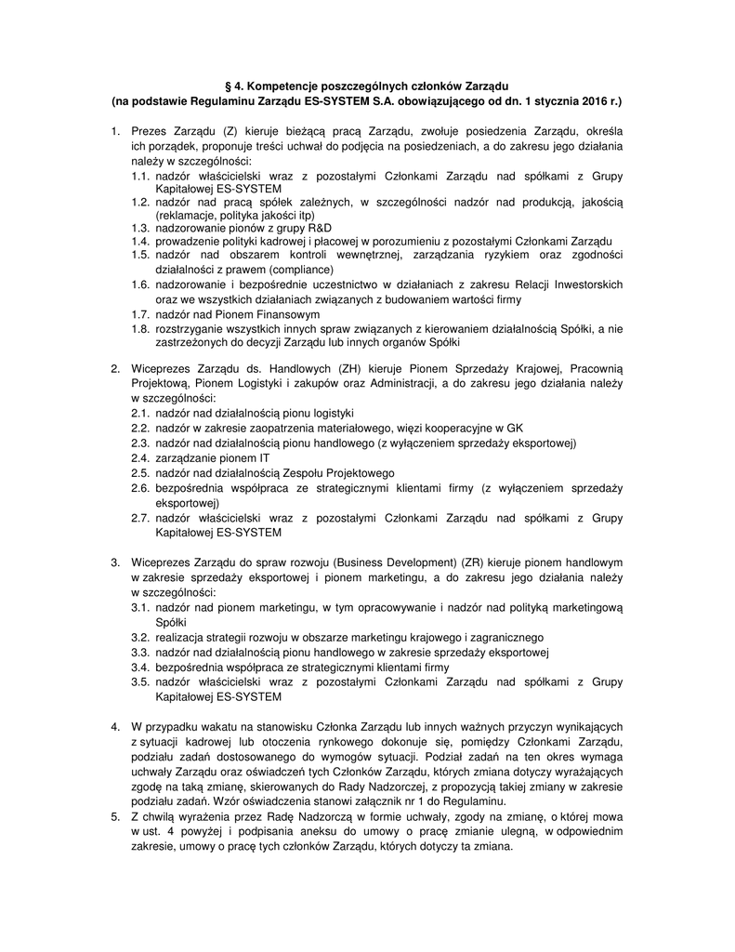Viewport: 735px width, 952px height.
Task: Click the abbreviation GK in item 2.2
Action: pyautogui.click(x=515, y=428)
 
